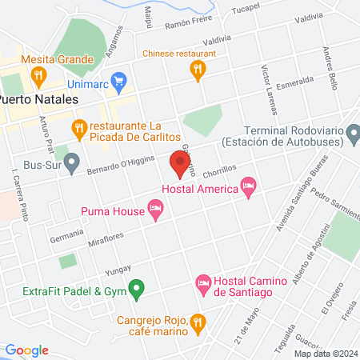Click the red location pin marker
click(x=180, y=164)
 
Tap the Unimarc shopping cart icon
click(x=119, y=80)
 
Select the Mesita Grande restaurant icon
click(x=38, y=76)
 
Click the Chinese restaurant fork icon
click(x=197, y=71)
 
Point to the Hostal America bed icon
click(x=249, y=189)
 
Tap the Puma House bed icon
click(x=156, y=211)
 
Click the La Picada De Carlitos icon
click(x=78, y=127)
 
